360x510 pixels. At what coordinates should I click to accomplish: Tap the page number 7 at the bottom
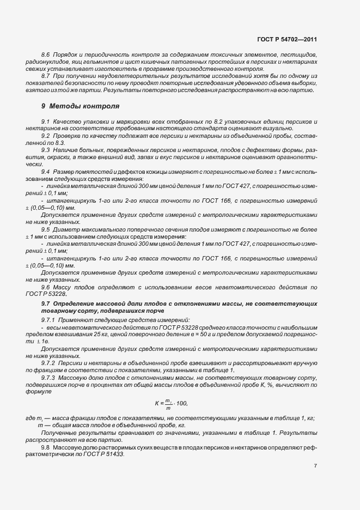point(315,466)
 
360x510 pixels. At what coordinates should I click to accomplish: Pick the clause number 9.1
point(46,120)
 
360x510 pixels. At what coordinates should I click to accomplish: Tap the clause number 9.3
point(46,149)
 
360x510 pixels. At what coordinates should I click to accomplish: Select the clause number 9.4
point(46,172)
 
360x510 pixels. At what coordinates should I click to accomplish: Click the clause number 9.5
point(46,229)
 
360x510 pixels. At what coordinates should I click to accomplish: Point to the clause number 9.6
point(46,287)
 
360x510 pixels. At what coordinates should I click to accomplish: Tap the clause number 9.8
point(46,447)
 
